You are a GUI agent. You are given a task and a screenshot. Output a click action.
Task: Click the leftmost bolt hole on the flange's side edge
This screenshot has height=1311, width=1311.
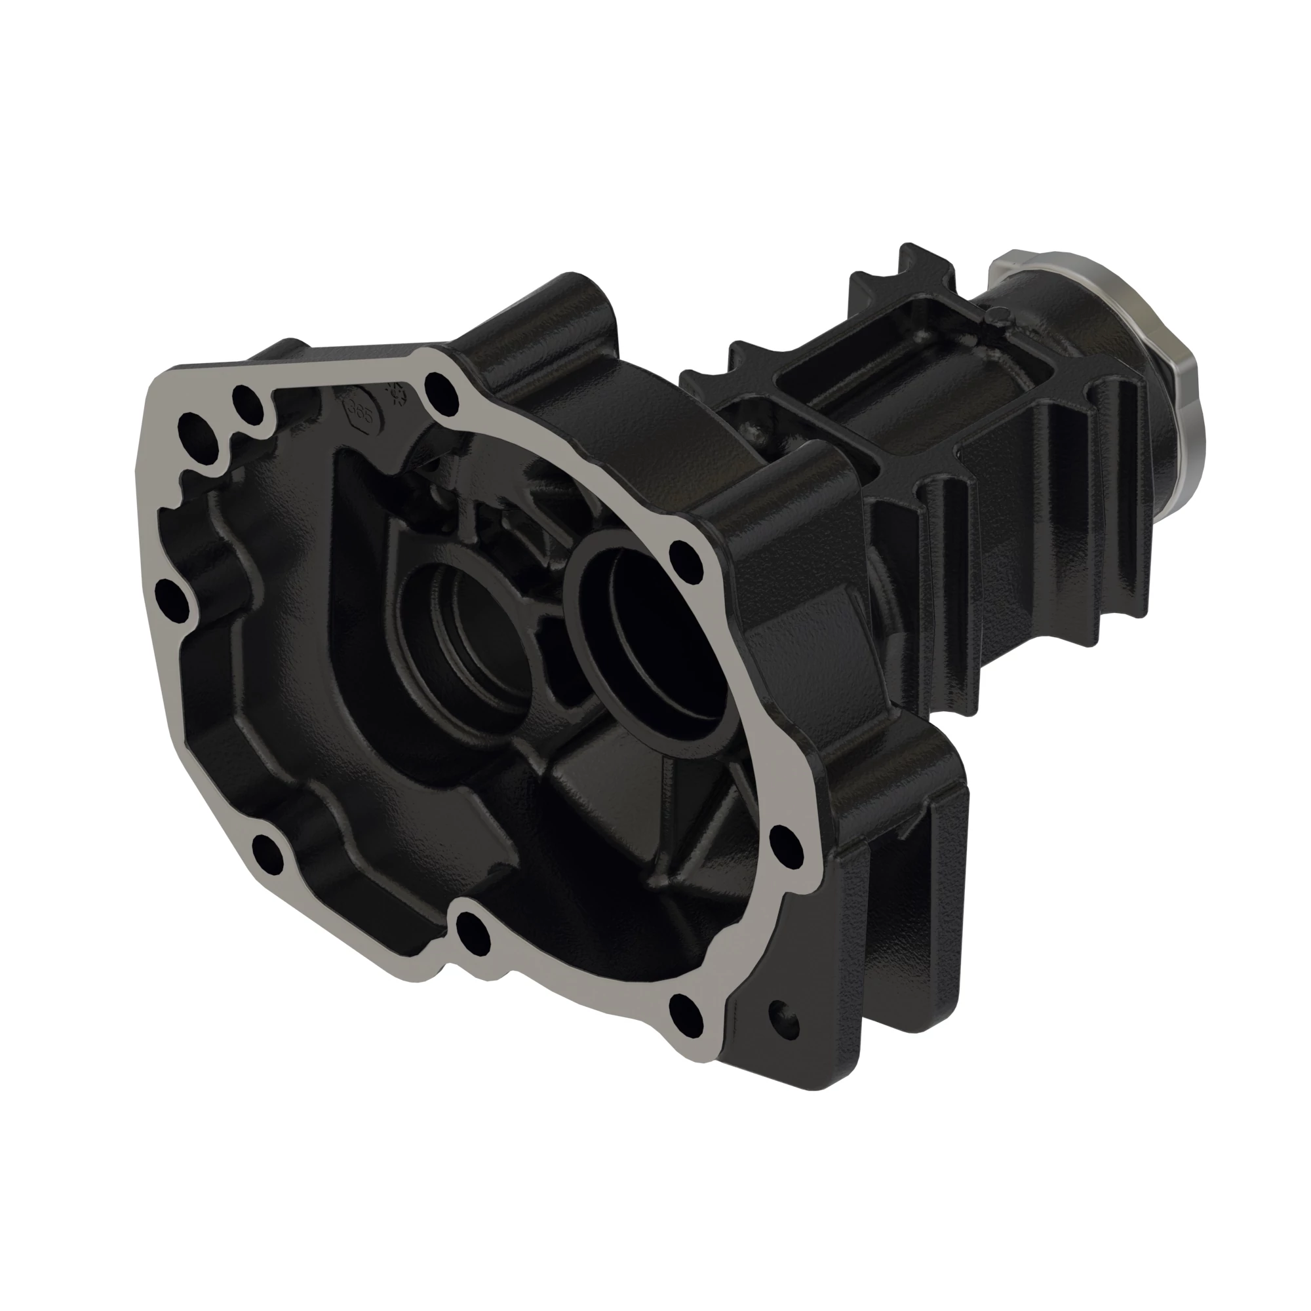click(x=171, y=600)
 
